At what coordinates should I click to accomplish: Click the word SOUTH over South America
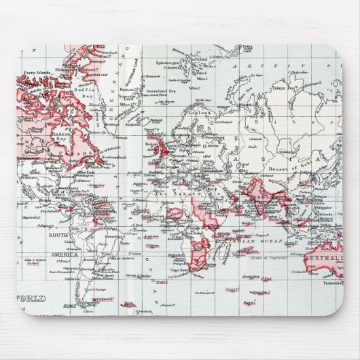pyautogui.click(x=58, y=234)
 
